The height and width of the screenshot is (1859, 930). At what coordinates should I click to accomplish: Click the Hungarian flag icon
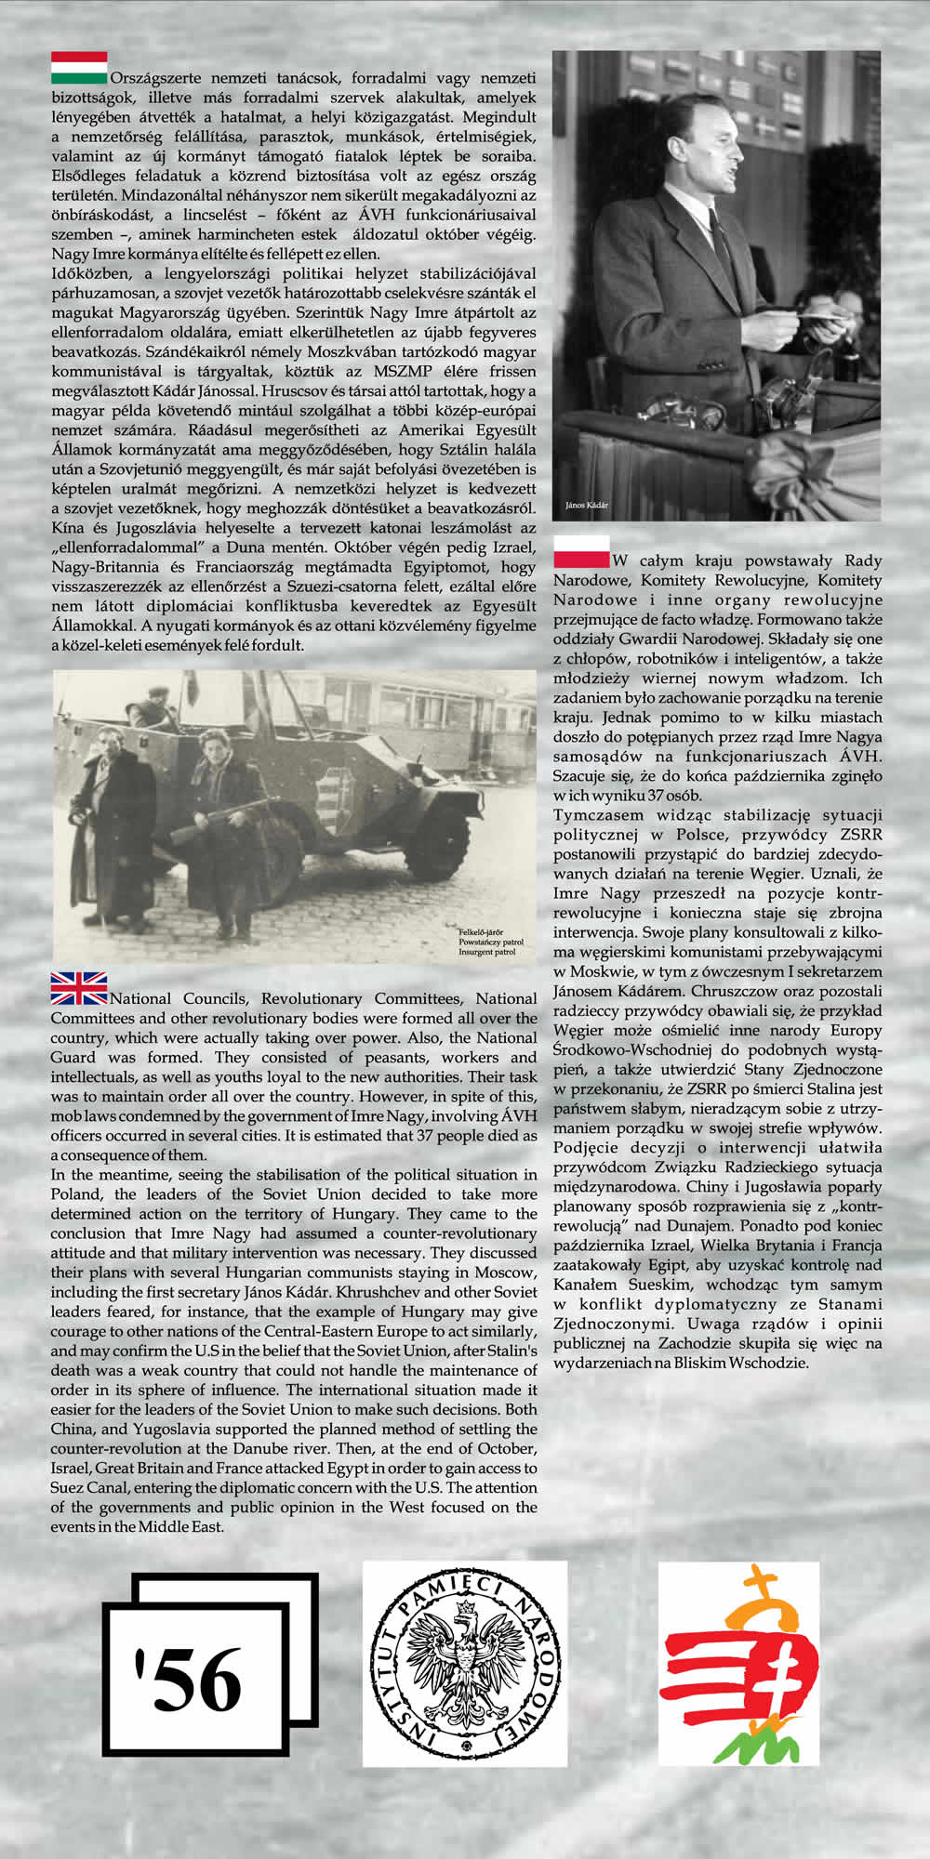pos(79,67)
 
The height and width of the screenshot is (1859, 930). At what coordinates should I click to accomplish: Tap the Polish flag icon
pos(581,551)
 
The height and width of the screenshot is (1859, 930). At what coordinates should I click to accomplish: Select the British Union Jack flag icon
pos(79,988)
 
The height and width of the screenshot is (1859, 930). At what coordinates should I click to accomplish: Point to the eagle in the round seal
pos(464,1664)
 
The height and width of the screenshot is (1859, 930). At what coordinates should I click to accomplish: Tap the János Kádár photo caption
pos(587,505)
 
